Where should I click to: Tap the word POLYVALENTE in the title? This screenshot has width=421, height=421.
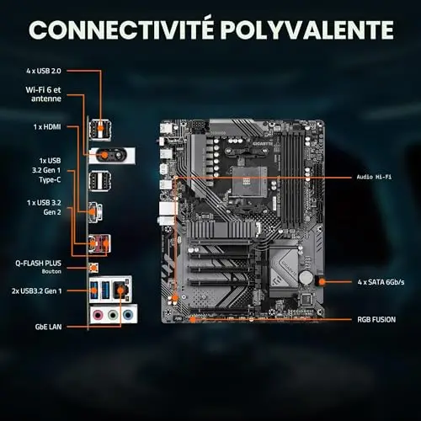[306, 29]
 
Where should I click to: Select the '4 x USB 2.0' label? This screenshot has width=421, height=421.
[44, 71]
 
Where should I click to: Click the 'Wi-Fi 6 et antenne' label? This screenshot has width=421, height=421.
[43, 94]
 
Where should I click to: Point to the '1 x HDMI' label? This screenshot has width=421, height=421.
[47, 127]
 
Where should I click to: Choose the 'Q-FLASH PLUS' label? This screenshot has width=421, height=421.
[38, 264]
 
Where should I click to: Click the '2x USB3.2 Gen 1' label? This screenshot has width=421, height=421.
[36, 291]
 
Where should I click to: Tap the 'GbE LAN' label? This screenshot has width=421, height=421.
[48, 327]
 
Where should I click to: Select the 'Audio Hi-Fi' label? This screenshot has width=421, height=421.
[374, 177]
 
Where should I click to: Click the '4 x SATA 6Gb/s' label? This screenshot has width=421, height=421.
[381, 282]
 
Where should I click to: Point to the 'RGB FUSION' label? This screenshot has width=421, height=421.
[376, 320]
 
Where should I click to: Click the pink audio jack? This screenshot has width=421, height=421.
[98, 315]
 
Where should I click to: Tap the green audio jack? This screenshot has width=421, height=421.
[113, 315]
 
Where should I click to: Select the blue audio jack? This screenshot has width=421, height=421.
[128, 315]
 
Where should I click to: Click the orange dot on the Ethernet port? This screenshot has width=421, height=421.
[120, 290]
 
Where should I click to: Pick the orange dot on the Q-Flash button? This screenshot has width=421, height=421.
[93, 268]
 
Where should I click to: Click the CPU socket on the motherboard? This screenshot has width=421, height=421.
[248, 182]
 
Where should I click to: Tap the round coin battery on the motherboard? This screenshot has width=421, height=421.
[306, 277]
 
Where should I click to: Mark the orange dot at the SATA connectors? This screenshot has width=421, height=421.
[322, 281]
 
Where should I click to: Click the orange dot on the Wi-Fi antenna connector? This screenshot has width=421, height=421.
[104, 155]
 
